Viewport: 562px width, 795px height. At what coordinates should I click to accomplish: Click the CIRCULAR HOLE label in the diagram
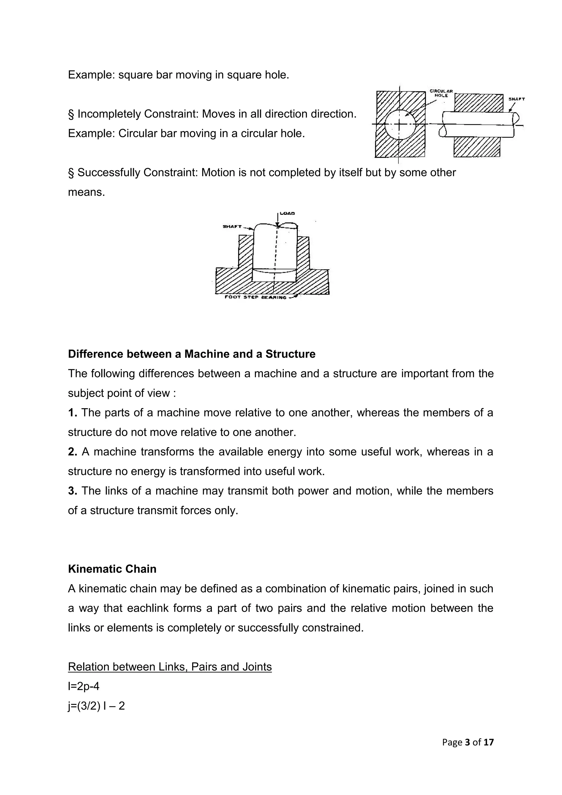pos(441,93)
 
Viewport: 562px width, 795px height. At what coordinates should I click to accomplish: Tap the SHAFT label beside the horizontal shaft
pos(516,99)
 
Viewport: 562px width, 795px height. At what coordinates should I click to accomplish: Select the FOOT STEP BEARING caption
pos(255,297)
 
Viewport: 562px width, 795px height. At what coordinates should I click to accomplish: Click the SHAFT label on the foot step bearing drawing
pos(232,226)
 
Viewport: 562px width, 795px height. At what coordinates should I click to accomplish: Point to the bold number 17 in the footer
pos(489,742)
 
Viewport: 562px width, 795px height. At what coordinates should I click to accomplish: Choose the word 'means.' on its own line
pos(86,192)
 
